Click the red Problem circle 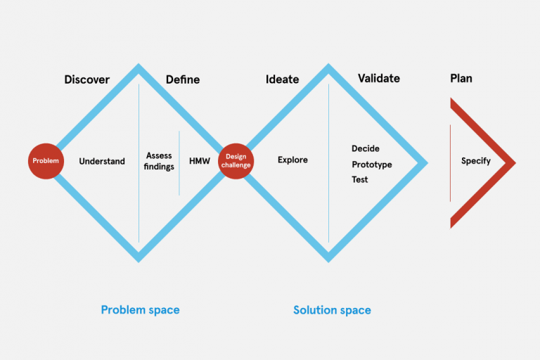(x=45, y=161)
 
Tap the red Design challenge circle (x=235, y=161)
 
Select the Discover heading (x=87, y=79)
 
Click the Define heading (x=183, y=79)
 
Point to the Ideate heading (x=282, y=79)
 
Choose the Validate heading (x=378, y=79)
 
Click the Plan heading (x=461, y=79)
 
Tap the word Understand (x=102, y=162)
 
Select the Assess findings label (x=160, y=161)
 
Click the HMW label (x=200, y=162)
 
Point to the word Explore (x=292, y=160)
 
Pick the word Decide (x=366, y=149)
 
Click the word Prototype (x=372, y=165)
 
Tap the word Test (x=360, y=180)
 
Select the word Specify (x=476, y=162)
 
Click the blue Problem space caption (x=140, y=310)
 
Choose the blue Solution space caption (x=332, y=310)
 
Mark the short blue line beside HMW (x=179, y=162)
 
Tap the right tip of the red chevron (x=514, y=163)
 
